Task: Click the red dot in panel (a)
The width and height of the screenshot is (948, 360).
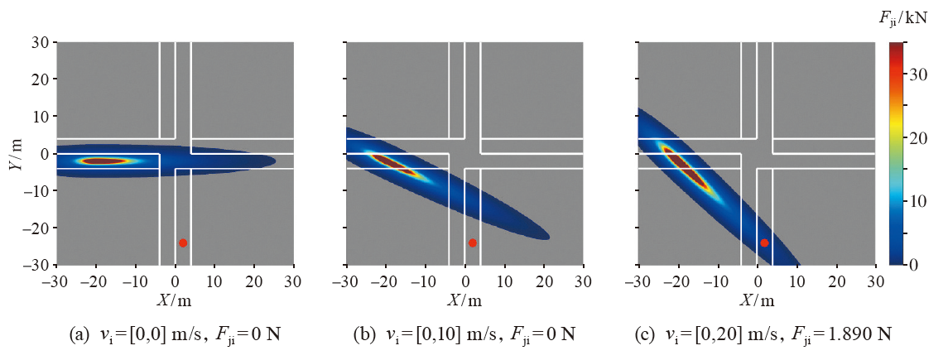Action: (183, 242)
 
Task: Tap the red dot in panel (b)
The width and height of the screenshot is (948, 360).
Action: (472, 242)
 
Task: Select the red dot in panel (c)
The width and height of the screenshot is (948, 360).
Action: (764, 242)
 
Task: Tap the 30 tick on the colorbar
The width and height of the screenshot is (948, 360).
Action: (921, 74)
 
